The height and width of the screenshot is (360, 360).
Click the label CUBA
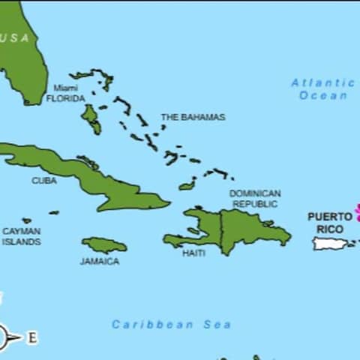point(43,181)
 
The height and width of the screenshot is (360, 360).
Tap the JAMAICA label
point(100,262)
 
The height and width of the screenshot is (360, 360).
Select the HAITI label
point(193,253)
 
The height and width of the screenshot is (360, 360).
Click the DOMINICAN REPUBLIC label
point(255,199)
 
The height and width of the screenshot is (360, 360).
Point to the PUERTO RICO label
point(330,223)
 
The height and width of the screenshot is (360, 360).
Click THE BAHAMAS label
point(193,117)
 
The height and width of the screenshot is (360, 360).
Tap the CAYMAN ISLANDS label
point(21,236)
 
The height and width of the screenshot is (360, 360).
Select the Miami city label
point(65,88)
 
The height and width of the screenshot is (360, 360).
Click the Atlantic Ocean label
point(323,88)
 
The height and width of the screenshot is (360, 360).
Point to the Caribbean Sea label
point(171,325)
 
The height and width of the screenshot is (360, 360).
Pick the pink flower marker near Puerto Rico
point(357,212)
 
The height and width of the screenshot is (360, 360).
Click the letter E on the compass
point(32,338)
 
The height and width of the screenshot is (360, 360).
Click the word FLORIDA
point(65,98)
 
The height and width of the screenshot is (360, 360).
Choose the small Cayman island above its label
point(27,220)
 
